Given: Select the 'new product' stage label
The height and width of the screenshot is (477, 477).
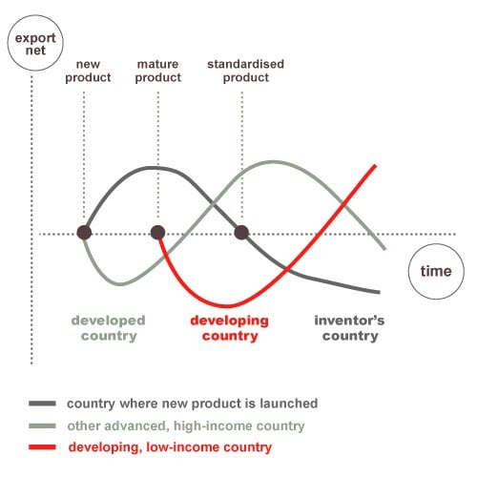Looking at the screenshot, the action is [x=88, y=71].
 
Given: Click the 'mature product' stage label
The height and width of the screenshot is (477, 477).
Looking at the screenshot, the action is [x=158, y=71].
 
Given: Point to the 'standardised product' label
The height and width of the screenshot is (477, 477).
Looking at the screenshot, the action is [x=245, y=71].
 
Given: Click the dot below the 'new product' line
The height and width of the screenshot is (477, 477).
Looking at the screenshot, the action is [x=84, y=233].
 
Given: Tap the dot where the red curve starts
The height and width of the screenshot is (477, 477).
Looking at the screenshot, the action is [x=157, y=233].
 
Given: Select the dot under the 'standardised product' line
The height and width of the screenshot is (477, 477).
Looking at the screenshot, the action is [x=241, y=233].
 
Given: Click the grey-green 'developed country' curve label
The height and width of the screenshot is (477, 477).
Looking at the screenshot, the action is [x=109, y=328].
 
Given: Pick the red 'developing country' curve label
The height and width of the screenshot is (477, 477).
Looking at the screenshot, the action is [x=230, y=328].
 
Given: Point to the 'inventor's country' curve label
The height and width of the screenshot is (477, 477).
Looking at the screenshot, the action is [x=349, y=328].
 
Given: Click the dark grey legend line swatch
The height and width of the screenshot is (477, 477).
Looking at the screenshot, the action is [x=42, y=404].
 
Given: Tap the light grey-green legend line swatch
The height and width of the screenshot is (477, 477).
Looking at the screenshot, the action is [x=42, y=425].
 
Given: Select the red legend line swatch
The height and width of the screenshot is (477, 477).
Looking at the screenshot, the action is [x=42, y=447].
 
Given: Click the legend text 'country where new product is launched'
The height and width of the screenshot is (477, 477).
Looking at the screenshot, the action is [x=193, y=404].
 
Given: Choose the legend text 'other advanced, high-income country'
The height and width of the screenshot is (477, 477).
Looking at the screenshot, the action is [x=186, y=426].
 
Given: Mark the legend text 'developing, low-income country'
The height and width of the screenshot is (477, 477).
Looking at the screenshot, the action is [x=170, y=447].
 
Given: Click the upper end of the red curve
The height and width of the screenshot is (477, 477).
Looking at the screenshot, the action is [x=376, y=166].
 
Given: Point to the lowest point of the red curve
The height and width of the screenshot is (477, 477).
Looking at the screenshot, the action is [x=228, y=306].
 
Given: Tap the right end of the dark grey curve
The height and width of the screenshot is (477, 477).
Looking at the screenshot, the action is [x=379, y=292].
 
